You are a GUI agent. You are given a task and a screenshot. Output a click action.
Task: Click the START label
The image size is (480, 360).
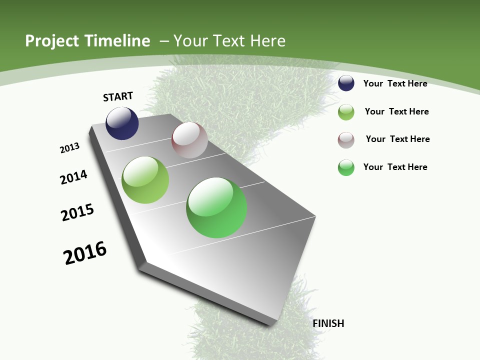pyautogui.click(x=118, y=96)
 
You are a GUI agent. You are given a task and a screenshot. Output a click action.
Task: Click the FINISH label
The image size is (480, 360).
pyautogui.click(x=328, y=323)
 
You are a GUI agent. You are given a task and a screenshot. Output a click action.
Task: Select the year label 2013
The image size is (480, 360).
pyautogui.click(x=70, y=148)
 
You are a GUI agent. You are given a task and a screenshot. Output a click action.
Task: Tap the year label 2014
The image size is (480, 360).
pyautogui.click(x=74, y=177)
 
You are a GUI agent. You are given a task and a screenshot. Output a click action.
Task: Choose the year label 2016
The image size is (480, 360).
pyautogui.click(x=85, y=253)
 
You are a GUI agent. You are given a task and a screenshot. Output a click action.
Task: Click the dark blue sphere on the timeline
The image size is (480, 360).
pyautogui.click(x=122, y=123)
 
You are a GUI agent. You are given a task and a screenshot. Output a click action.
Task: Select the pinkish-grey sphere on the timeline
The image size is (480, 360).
pyautogui.click(x=189, y=140)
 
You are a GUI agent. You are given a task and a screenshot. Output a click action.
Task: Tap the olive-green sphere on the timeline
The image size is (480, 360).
pyautogui.click(x=145, y=180)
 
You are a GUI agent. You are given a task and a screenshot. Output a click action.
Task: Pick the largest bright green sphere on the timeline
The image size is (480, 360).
pyautogui.click(x=216, y=207)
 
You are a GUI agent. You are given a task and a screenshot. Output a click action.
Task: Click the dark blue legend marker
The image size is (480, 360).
pyautogui.click(x=346, y=83)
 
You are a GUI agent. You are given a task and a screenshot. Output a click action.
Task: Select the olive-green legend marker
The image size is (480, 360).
pyautogui.click(x=346, y=112)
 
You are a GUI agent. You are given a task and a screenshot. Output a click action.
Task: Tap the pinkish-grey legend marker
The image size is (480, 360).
pyautogui.click(x=346, y=140)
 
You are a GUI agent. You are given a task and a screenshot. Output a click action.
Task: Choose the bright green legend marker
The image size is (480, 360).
pyautogui.click(x=346, y=167)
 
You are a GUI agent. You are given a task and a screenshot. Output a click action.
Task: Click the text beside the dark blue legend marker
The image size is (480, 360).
pyautogui.click(x=395, y=84)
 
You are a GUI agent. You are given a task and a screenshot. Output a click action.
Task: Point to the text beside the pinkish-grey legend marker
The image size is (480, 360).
pyautogui.click(x=398, y=139)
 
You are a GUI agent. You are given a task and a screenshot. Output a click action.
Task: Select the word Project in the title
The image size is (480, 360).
pyautogui.click(x=52, y=41)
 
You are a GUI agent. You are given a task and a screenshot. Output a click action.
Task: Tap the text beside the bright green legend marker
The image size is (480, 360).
pyautogui.click(x=395, y=167)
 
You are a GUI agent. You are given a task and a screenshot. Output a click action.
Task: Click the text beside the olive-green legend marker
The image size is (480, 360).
pyautogui.click(x=397, y=111)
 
